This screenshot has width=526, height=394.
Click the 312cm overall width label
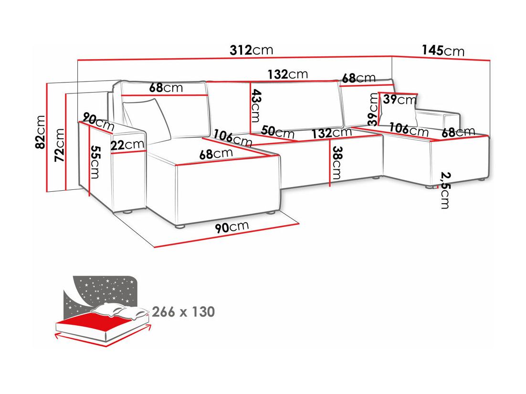[x=251, y=50]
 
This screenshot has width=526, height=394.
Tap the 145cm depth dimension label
[x=443, y=51]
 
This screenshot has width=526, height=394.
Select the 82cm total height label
[x=40, y=132]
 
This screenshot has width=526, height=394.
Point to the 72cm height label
[x=59, y=145]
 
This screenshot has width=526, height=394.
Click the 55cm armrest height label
[x=95, y=162]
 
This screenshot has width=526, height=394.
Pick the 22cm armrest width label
[x=127, y=145]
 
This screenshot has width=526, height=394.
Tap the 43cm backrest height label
[x=256, y=105]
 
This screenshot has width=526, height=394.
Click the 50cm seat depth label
[x=278, y=132]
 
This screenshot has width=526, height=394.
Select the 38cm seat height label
[x=336, y=163]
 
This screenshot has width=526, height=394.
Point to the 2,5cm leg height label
[x=445, y=190]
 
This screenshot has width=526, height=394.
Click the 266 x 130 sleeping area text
[x=183, y=312]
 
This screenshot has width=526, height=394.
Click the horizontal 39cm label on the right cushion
[x=400, y=100]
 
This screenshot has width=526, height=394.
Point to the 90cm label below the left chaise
[x=232, y=227]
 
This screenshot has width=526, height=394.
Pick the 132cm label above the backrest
[x=287, y=74]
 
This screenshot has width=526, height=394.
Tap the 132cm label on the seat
[x=331, y=133]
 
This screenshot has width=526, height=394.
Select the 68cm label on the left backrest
[x=166, y=87]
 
